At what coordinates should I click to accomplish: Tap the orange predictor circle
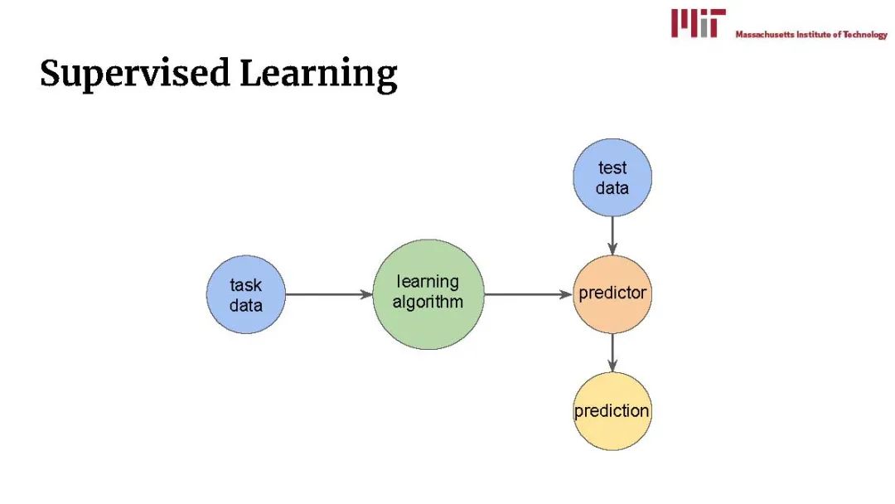click(612, 294)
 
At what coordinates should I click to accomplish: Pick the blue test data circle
click(612, 177)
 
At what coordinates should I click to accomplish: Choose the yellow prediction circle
click(612, 411)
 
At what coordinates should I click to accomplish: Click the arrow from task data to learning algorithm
click(328, 294)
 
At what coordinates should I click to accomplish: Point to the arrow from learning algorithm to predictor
click(527, 294)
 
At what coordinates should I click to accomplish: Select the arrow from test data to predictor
click(612, 235)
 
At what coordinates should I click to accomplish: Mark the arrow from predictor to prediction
click(612, 353)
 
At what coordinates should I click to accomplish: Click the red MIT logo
click(698, 23)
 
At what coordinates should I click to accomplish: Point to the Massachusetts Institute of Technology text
click(810, 35)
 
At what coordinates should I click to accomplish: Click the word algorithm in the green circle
click(428, 302)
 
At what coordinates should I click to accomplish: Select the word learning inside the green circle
click(428, 282)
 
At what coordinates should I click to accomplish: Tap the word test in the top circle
click(612, 168)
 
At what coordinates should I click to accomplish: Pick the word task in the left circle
click(245, 285)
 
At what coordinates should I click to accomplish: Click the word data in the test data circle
click(612, 188)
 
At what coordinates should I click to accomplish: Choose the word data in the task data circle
click(245, 305)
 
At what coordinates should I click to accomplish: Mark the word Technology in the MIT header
click(865, 35)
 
